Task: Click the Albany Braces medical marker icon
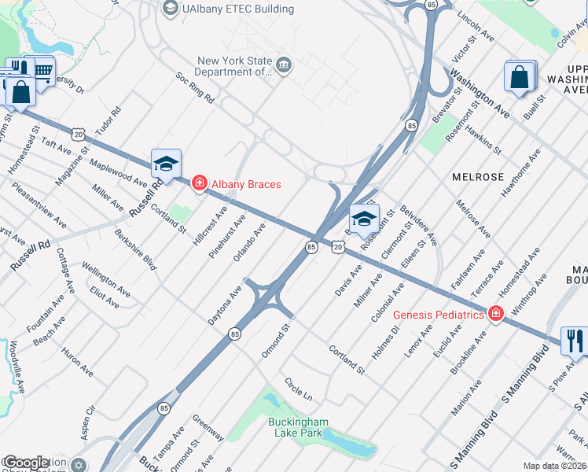click(x=199, y=184)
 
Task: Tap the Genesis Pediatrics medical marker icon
click(x=495, y=314)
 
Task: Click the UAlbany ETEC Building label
click(x=226, y=9)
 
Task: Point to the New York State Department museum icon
click(x=285, y=65)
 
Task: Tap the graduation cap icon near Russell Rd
click(x=166, y=163)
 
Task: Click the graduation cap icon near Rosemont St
click(x=364, y=218)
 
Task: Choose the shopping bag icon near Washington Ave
click(x=520, y=77)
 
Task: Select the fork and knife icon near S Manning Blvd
click(x=575, y=341)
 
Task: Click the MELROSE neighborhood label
click(x=477, y=177)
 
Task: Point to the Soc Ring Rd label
click(x=195, y=89)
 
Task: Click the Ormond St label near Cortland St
click(x=277, y=337)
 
